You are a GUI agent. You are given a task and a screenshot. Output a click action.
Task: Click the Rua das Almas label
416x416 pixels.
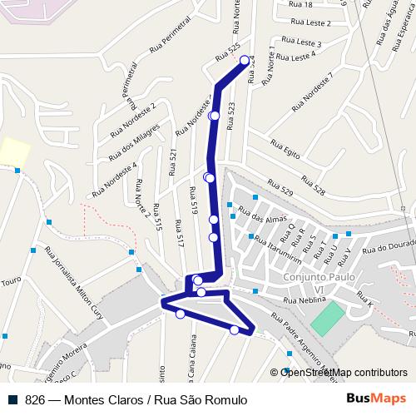[250, 213]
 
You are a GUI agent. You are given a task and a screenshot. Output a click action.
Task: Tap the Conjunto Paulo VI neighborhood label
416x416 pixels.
[319, 281]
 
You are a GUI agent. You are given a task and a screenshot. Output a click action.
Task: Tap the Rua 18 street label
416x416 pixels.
[302, 5]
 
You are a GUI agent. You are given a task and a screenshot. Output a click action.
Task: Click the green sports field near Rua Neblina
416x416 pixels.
[327, 318]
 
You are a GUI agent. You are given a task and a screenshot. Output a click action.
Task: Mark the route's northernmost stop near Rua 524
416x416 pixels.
[245, 61]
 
